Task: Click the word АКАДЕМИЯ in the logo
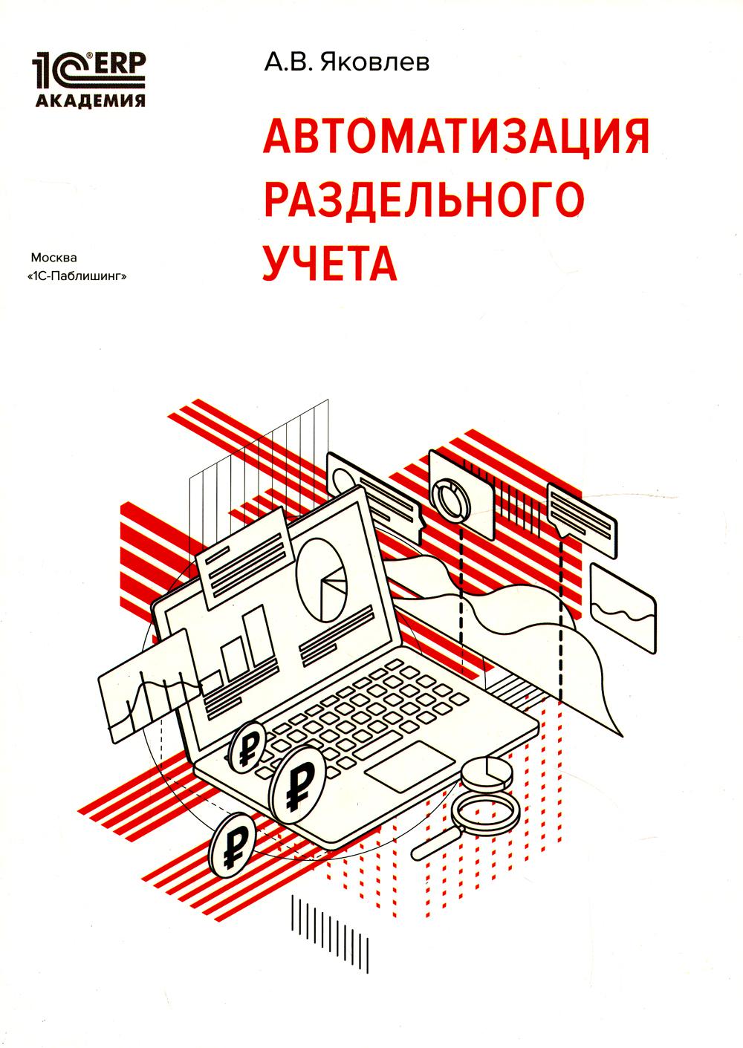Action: point(90,101)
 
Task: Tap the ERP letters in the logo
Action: point(118,65)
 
